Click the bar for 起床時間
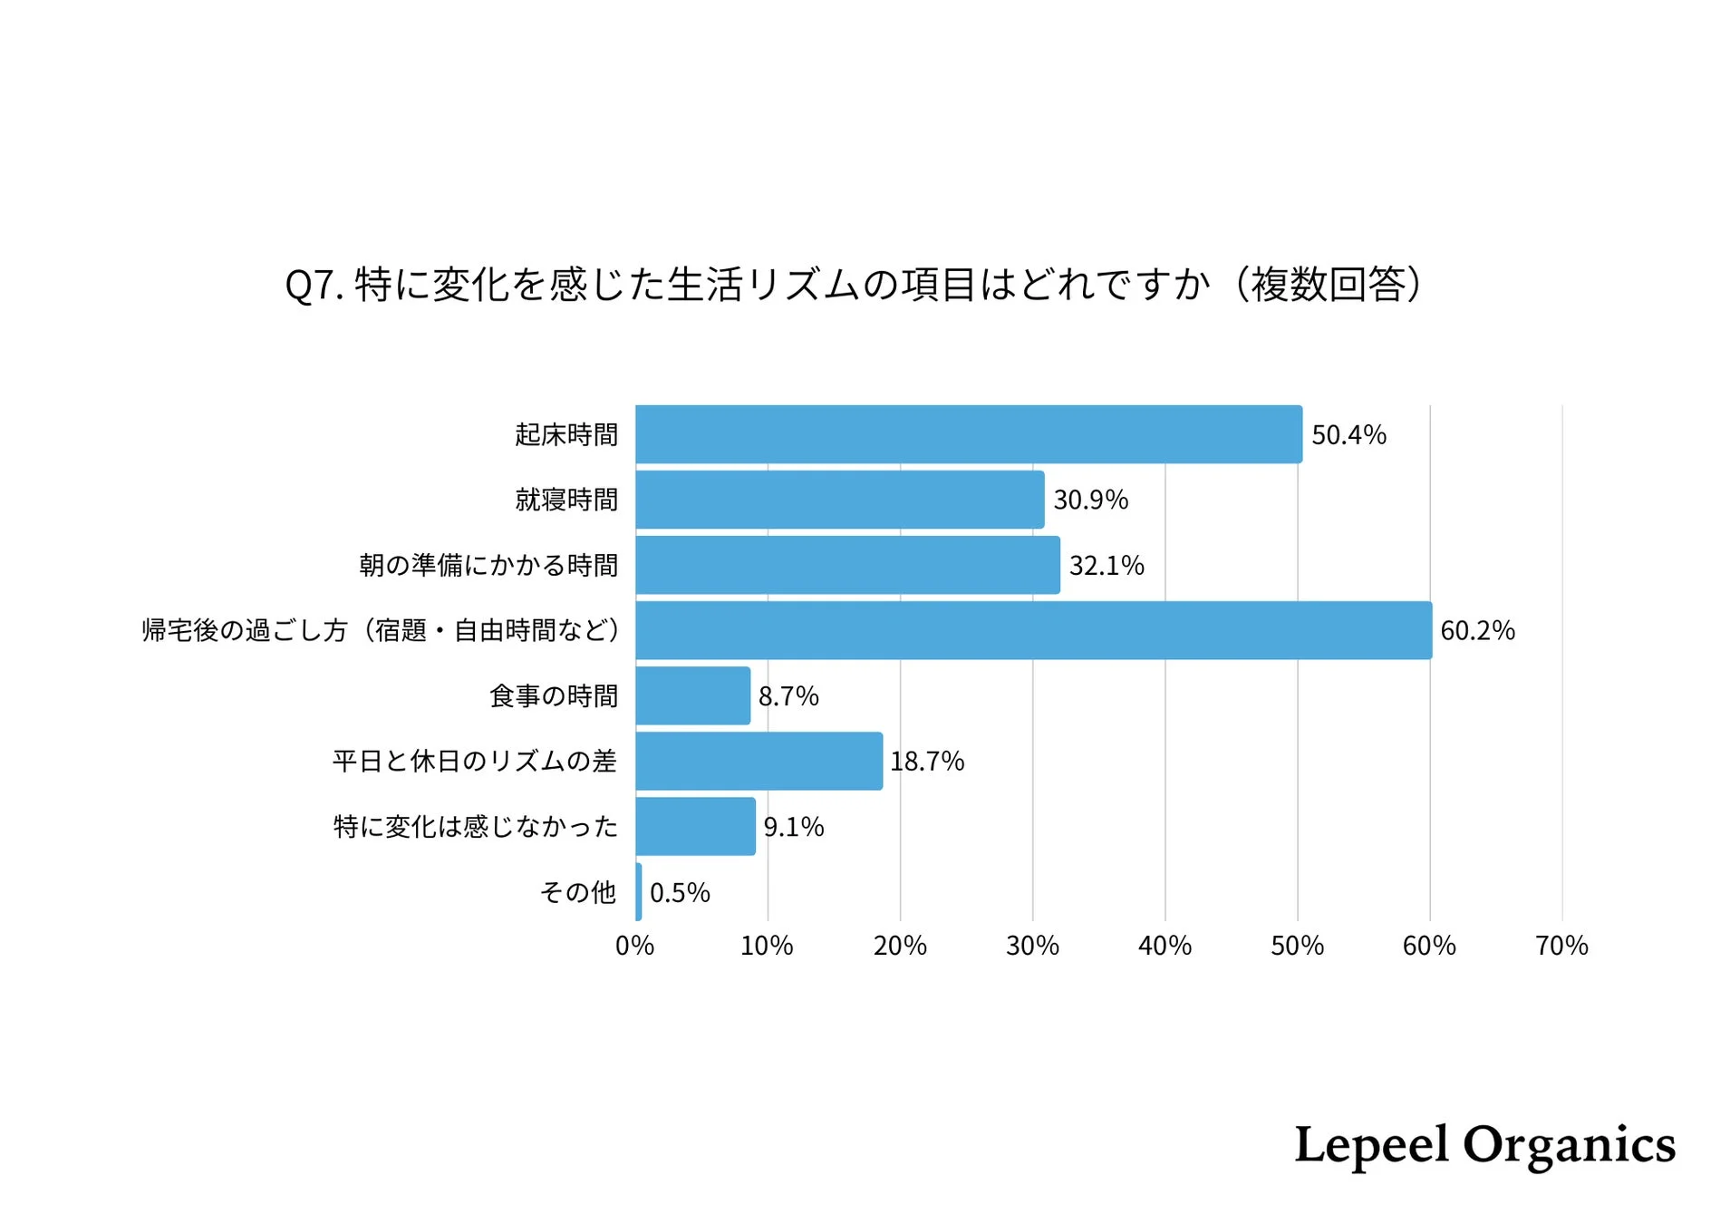click(x=968, y=434)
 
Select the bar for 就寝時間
click(x=839, y=500)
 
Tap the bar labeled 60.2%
click(x=1033, y=630)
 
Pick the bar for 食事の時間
click(x=692, y=695)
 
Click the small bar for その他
click(x=639, y=892)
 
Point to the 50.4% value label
click(x=1348, y=435)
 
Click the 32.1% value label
click(x=1107, y=566)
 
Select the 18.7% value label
click(x=927, y=762)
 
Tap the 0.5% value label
click(x=680, y=893)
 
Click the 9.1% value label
click(x=794, y=827)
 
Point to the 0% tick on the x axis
click(x=634, y=946)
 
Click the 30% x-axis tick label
click(x=1032, y=946)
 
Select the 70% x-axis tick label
click(x=1561, y=946)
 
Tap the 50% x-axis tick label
click(x=1297, y=946)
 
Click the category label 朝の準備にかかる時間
click(x=488, y=566)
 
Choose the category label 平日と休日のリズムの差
click(x=474, y=762)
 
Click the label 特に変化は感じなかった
click(x=475, y=827)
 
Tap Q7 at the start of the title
click(x=314, y=286)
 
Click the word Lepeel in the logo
click(x=1370, y=1145)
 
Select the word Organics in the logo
click(x=1569, y=1145)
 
